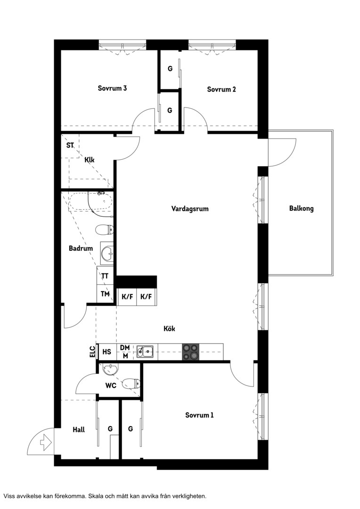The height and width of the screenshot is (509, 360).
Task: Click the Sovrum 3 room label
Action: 112,88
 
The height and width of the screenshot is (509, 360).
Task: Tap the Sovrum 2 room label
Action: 221,89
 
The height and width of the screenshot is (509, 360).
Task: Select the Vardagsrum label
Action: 190,209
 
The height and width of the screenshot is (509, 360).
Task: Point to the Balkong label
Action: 301,208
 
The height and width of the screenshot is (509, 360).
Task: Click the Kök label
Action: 169,328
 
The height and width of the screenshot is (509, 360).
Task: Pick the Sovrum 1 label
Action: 199,415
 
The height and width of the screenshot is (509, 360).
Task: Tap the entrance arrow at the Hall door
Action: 45,442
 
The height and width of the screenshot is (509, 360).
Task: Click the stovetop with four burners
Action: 190,352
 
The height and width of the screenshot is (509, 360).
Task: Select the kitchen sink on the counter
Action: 146,352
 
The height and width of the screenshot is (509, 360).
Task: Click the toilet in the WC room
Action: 131,384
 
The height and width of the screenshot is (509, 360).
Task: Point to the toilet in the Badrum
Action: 105,230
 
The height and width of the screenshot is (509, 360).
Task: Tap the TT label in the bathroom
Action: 105,276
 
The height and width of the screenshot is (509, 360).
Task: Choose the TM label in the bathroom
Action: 105,294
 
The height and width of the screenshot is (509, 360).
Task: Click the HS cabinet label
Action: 106,352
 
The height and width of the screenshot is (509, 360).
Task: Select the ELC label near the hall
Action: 92,352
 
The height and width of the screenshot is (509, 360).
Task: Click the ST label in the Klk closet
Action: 70,145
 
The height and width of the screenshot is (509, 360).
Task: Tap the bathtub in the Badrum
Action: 90,202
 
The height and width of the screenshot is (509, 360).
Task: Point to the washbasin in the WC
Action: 111,369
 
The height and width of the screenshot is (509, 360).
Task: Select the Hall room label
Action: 79,430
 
